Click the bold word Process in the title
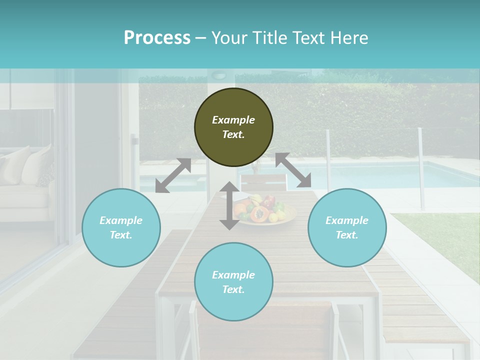tap(157, 38)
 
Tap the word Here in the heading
tap(349, 38)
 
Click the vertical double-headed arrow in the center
tap(229, 206)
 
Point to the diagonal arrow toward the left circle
tap(173, 175)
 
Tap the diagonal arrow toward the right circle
tap(293, 170)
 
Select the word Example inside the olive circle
tap(233, 120)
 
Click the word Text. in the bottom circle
tap(233, 289)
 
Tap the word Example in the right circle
tap(347, 220)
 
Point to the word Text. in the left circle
tap(121, 235)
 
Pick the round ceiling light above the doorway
tap(219, 75)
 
